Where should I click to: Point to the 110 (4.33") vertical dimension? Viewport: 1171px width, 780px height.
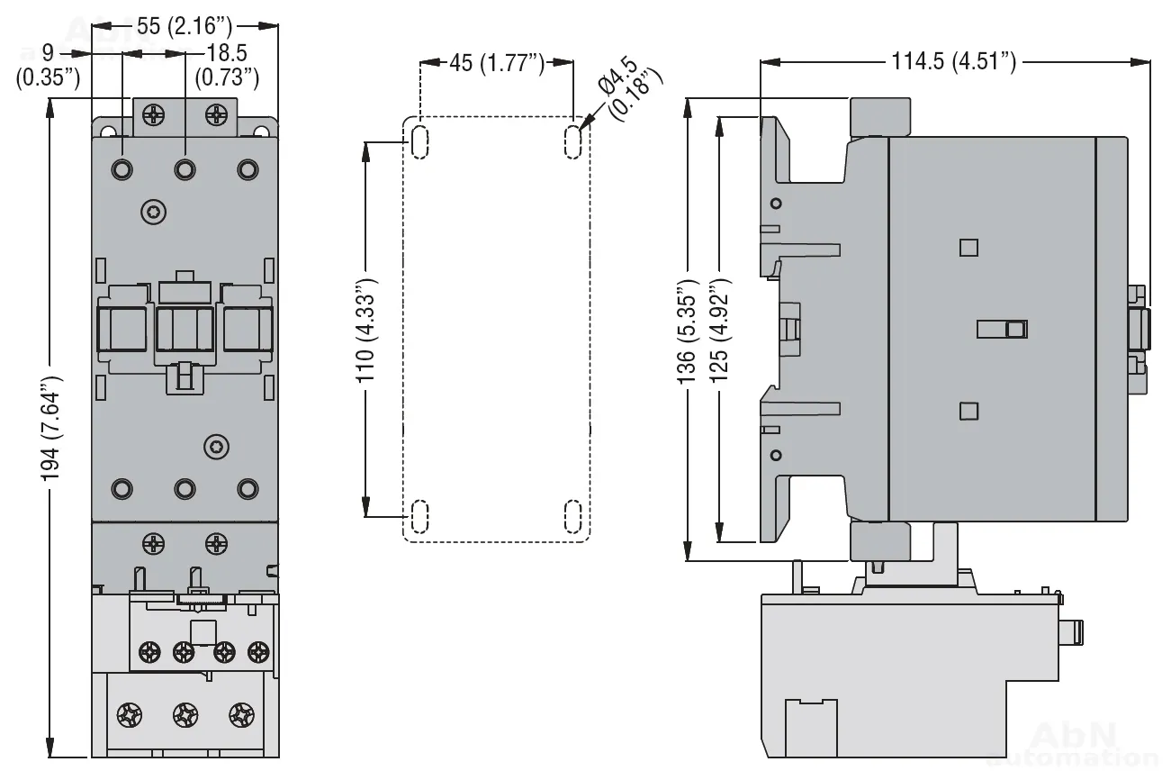[x=366, y=331]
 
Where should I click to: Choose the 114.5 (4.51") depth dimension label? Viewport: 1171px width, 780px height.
[x=954, y=62]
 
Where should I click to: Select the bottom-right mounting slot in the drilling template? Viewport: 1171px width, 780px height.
[x=572, y=516]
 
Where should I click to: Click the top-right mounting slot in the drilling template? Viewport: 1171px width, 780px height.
[x=572, y=141]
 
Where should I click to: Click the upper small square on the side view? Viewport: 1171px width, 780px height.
[x=968, y=247]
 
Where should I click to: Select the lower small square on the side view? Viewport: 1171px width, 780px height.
[x=968, y=411]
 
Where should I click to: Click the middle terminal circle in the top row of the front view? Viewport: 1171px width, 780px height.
[x=185, y=168]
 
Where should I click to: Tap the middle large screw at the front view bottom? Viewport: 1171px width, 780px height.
[x=185, y=715]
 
